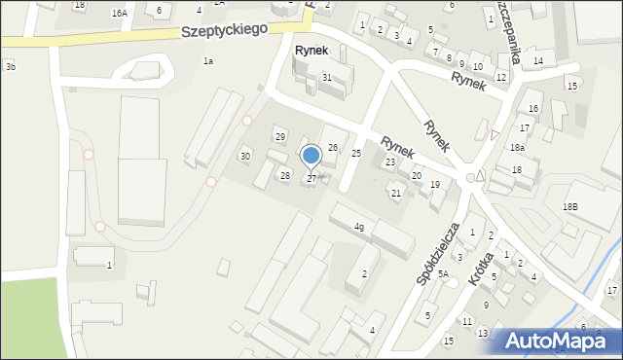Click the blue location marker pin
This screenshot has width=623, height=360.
pos(311,156)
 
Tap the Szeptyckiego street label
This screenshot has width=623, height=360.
pos(225,31)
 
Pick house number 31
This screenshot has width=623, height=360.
pos(327,77)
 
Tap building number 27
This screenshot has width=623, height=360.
pos(311,179)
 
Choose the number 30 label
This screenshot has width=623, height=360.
pos(245,157)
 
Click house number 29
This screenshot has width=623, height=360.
pos(279,137)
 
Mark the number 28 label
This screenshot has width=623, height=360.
pos(285,175)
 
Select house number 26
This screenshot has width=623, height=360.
pos(332,148)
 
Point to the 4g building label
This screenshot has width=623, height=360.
pos(359,228)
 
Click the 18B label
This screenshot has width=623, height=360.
pos(569,207)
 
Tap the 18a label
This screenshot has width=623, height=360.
pos(518,148)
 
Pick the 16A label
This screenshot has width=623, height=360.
pos(119,14)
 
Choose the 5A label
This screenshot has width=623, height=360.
pos(443,275)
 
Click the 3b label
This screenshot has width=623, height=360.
pos(10,67)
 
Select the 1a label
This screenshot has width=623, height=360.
pos(207,61)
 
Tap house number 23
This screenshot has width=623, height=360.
pos(389,162)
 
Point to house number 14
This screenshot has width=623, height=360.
pos(537,61)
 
